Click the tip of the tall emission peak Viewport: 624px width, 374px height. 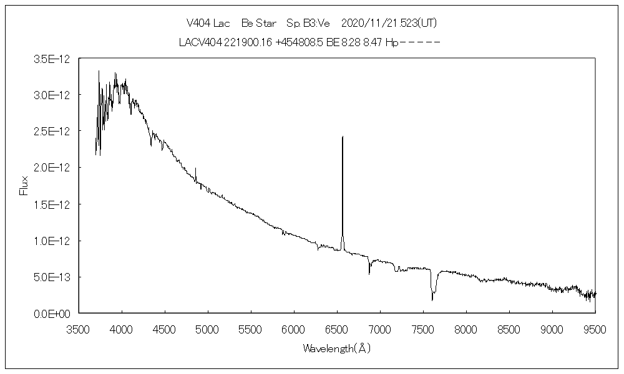tap(343, 136)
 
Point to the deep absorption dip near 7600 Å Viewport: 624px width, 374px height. tap(432, 300)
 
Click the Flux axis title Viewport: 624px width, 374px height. tap(24, 185)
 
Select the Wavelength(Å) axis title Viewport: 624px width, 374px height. tap(336, 348)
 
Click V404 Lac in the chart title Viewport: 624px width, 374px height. tap(208, 23)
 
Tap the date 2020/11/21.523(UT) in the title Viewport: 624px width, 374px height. tap(389, 23)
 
